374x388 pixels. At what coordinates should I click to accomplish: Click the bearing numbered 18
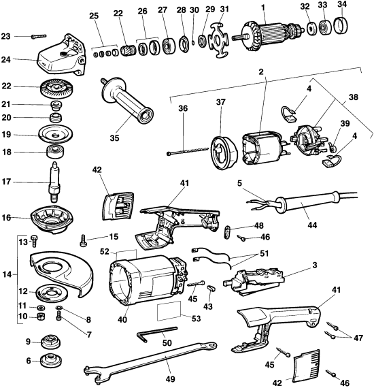(x=52, y=152)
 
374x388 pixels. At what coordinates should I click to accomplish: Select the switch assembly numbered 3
(x=256, y=276)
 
